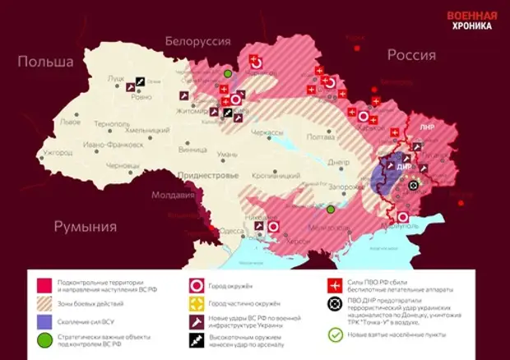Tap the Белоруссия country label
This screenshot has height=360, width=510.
[198, 40]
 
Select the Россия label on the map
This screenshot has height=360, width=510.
[410, 55]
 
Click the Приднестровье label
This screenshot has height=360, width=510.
[209, 175]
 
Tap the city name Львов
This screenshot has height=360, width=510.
[70, 122]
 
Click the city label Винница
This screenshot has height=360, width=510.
[192, 150]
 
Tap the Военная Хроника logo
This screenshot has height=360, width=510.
[471, 21]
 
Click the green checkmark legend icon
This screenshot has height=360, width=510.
[335, 335]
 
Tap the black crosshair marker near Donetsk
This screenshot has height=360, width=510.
[413, 185]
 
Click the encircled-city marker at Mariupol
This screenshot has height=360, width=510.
[402, 217]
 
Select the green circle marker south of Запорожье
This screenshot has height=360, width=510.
[330, 210]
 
